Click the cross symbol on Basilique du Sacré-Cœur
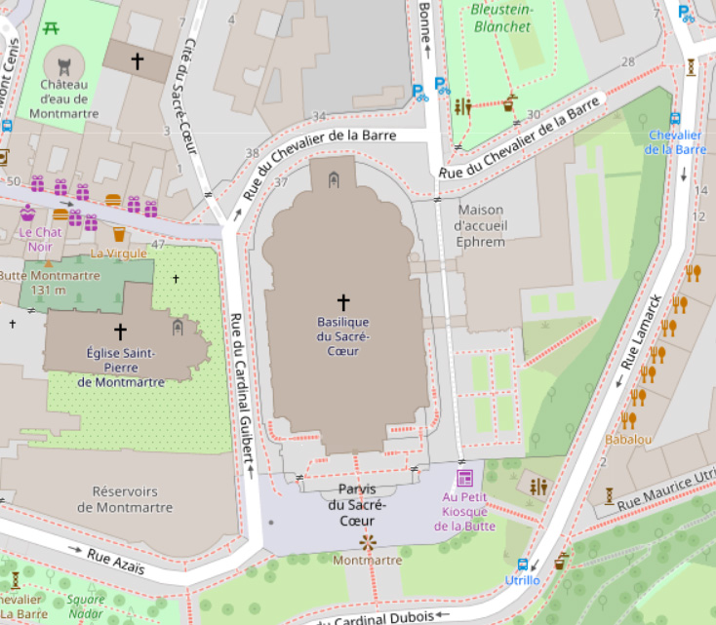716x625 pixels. [x=342, y=302]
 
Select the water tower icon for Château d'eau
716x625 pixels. [x=64, y=67]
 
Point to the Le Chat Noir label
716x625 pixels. [x=39, y=240]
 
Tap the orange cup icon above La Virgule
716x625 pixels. [x=119, y=235]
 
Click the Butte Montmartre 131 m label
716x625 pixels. [x=50, y=283]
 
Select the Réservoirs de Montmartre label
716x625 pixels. [x=125, y=499]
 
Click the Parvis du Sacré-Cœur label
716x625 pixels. [x=357, y=504]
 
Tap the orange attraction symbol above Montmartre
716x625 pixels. [x=368, y=541]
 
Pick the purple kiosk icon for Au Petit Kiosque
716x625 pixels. [x=464, y=478]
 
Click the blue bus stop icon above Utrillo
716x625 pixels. [x=523, y=565]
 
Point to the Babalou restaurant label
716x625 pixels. [x=628, y=440]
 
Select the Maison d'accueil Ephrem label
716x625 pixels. [x=480, y=225]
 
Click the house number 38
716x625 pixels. [x=253, y=153]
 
